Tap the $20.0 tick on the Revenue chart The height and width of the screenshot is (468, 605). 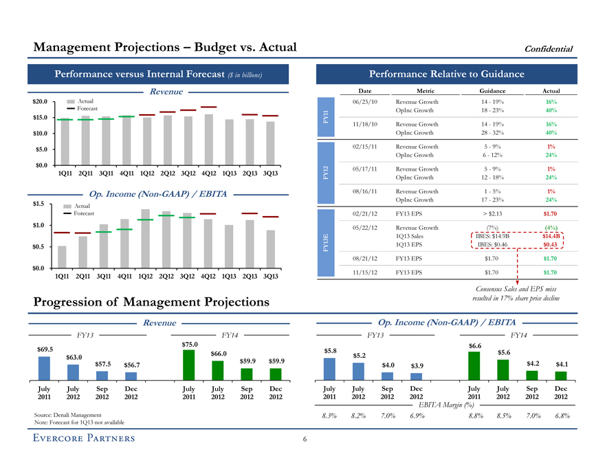[x=38, y=102]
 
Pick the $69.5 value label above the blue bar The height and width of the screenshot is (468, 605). [x=43, y=349]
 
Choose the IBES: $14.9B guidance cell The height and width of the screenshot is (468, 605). [x=491, y=235]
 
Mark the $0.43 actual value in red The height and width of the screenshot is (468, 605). [x=550, y=244]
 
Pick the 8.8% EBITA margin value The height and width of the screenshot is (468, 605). [x=474, y=416]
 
